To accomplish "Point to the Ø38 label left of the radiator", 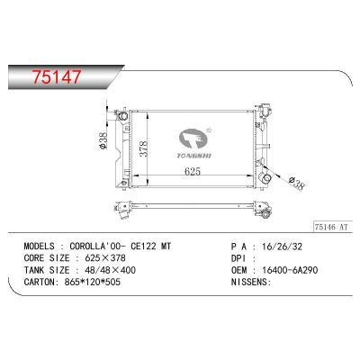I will pos(104,141).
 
